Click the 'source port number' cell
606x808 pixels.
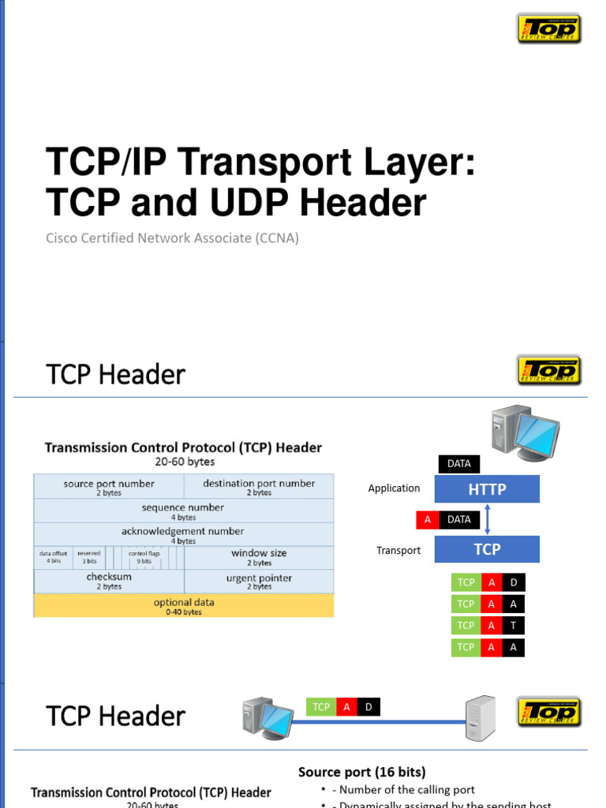click(x=109, y=487)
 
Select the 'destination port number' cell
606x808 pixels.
click(x=259, y=487)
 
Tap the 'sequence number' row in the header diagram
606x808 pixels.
click(x=183, y=511)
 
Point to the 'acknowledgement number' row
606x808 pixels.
click(x=183, y=534)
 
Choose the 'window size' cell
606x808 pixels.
click(x=259, y=557)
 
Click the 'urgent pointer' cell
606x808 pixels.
click(x=259, y=581)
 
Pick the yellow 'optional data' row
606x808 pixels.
click(x=183, y=605)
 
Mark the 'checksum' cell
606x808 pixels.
click(x=109, y=581)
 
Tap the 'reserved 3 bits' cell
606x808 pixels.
click(x=89, y=557)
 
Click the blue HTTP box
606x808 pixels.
click(x=487, y=489)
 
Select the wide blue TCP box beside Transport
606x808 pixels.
click(x=487, y=549)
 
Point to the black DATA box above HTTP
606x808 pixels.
click(x=458, y=464)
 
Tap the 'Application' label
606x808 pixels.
click(x=394, y=488)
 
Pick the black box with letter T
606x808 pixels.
click(x=513, y=626)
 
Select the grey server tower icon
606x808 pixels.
click(x=481, y=719)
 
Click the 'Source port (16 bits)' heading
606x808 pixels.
click(x=362, y=772)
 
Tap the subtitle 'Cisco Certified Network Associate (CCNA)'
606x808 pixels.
click(x=172, y=238)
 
